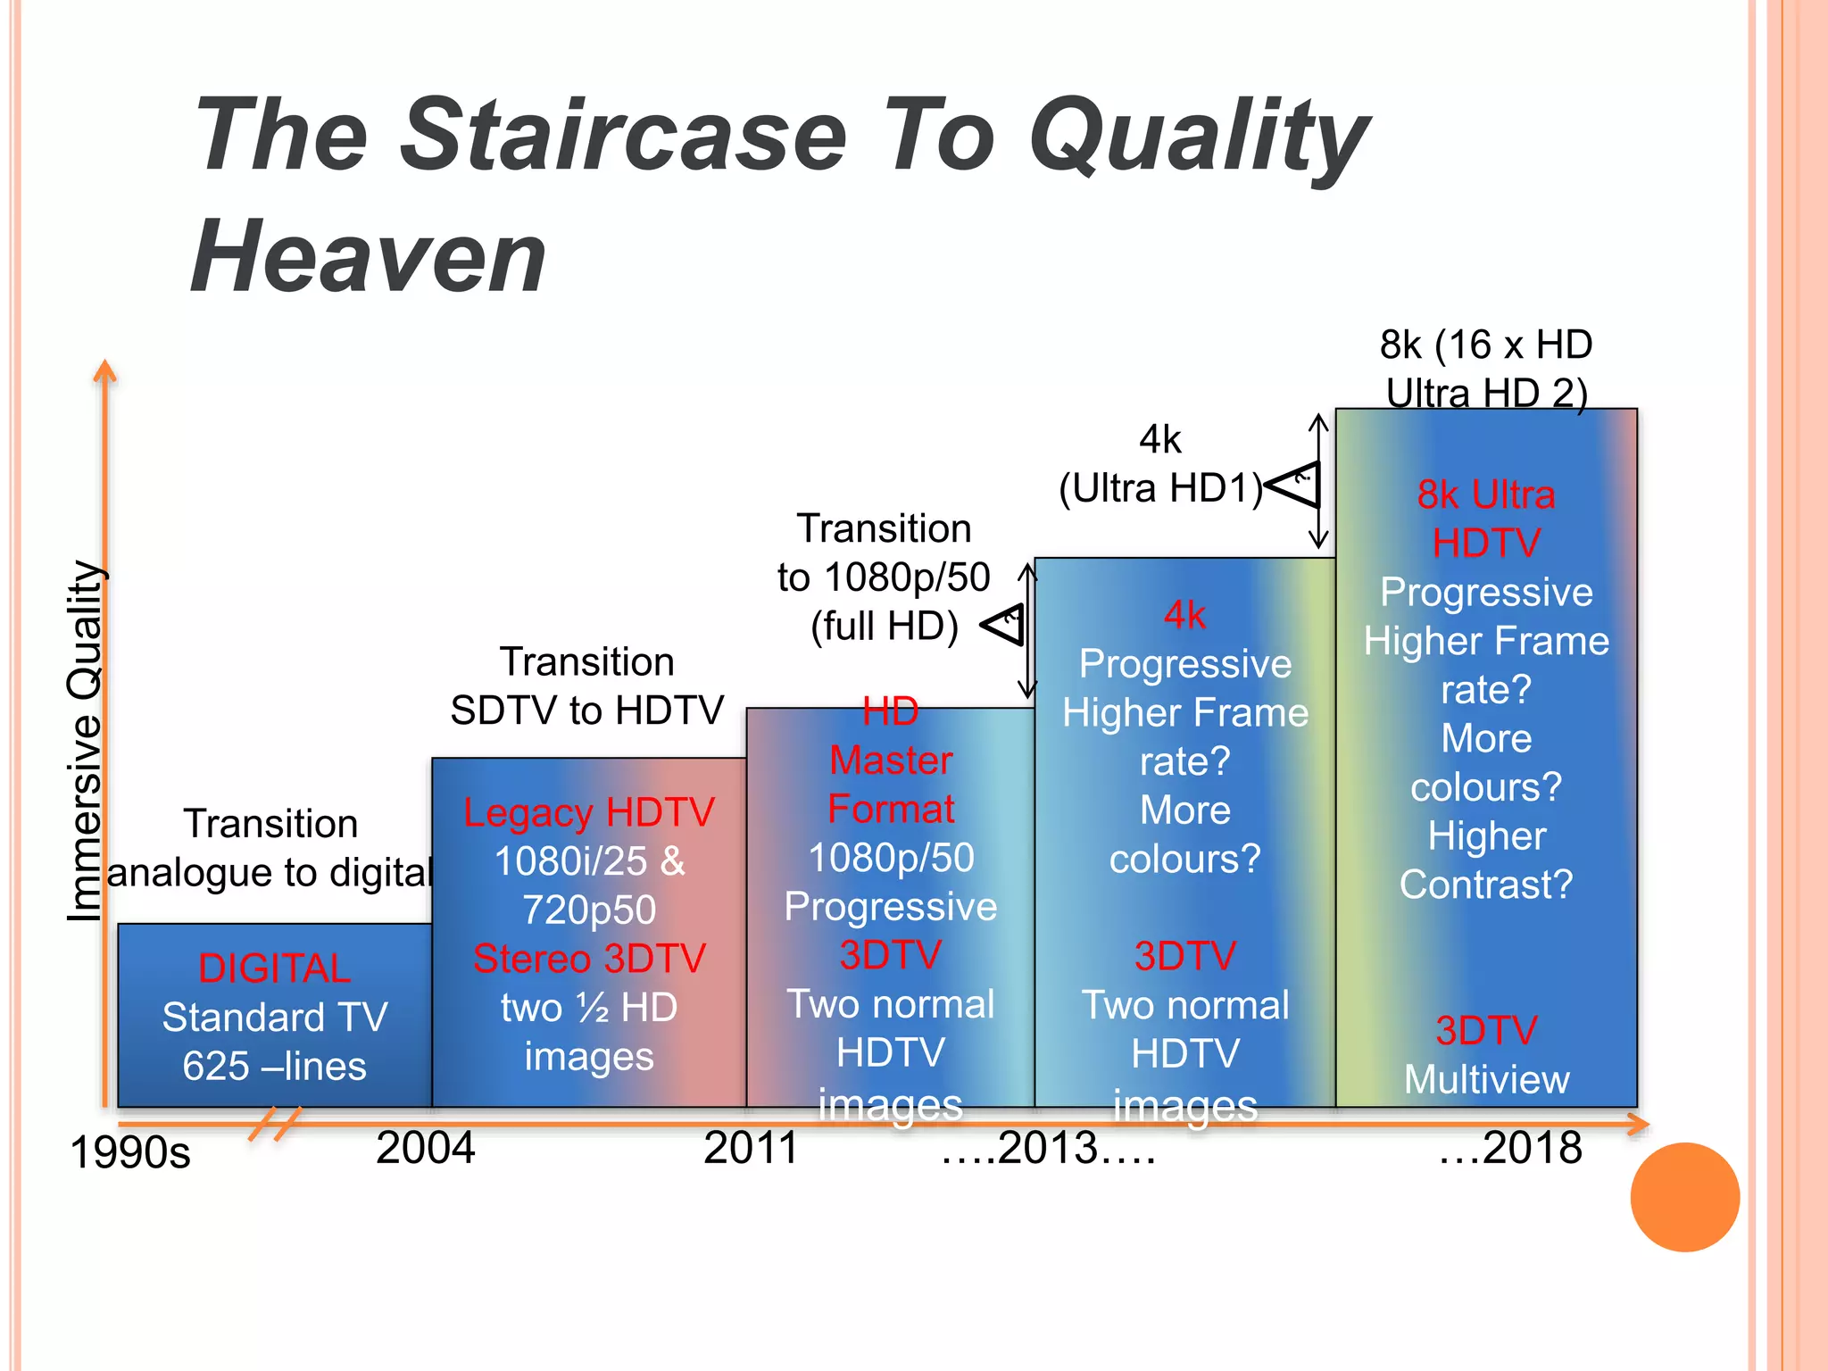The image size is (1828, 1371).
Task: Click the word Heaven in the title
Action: point(368,257)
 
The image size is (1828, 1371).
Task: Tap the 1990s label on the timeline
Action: point(130,1152)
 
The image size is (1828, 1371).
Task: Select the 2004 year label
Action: point(425,1148)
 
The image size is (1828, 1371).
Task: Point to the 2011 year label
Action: point(750,1148)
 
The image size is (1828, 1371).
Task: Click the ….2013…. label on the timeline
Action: point(1049,1148)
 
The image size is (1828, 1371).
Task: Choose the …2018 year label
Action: point(1510,1148)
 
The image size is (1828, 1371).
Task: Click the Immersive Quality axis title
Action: point(86,741)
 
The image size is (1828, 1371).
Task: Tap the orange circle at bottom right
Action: point(1684,1197)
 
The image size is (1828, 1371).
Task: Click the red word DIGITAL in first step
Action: point(274,968)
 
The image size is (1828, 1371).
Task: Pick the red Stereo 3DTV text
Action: point(589,959)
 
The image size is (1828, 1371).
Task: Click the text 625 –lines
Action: point(274,1066)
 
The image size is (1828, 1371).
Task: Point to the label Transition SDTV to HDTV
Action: point(586,686)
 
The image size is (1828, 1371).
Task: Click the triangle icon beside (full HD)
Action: point(1007,624)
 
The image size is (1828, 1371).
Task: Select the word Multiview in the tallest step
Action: point(1486,1080)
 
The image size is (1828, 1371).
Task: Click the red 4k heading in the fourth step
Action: point(1184,615)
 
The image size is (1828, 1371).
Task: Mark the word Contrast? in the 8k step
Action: point(1486,885)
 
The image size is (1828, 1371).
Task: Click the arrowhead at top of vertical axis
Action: point(105,370)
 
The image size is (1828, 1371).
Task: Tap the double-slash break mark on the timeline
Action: point(275,1124)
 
